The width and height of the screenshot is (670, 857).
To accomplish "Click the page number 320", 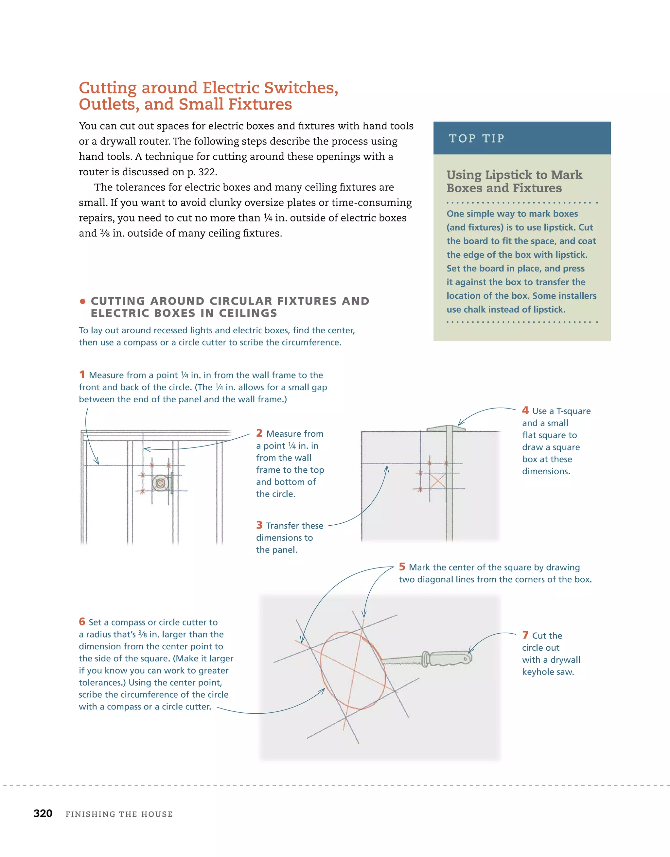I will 43,813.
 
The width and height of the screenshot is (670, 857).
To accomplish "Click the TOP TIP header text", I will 477,138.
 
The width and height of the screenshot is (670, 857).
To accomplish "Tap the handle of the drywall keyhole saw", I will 450,658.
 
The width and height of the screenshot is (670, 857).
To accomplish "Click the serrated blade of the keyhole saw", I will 401,661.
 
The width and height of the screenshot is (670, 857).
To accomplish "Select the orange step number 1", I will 82,375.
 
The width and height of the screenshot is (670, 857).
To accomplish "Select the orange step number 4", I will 525,411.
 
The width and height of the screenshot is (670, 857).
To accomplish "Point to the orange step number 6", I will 82,621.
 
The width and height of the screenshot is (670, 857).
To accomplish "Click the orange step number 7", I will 525,635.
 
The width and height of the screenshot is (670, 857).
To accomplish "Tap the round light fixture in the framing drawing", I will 160,483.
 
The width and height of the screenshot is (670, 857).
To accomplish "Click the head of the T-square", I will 446,428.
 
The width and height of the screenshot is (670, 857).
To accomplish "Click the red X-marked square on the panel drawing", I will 438,481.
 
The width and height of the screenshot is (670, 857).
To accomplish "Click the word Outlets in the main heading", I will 107,104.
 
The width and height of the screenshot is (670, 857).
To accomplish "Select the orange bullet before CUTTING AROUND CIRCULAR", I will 82,301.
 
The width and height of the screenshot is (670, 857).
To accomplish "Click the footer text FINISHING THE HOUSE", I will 119,814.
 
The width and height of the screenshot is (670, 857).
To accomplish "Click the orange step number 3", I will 259,525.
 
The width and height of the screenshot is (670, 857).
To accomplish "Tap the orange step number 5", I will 402,567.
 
